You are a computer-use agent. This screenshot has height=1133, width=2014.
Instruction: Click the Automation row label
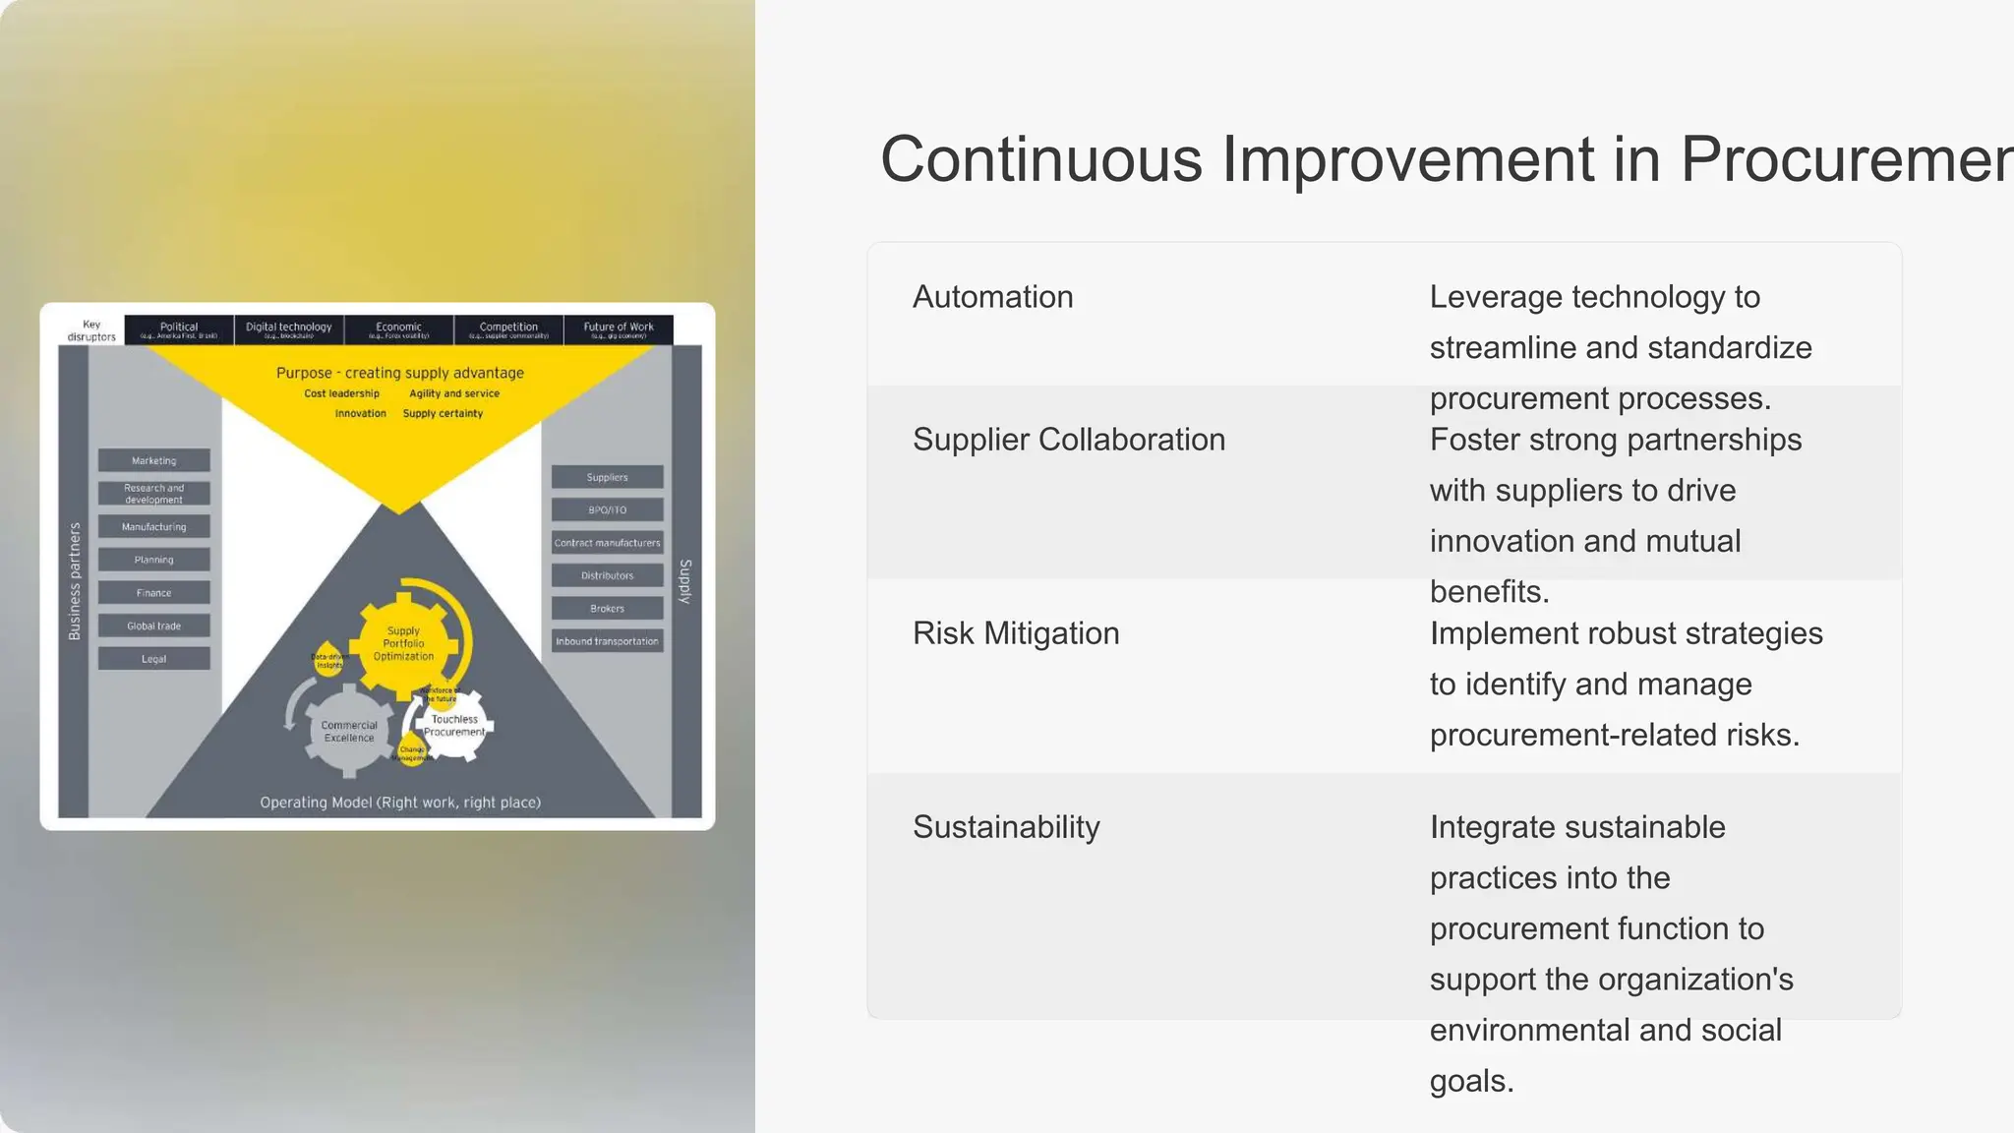[992, 297]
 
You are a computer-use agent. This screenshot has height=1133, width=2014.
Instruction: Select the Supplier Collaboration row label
[1068, 440]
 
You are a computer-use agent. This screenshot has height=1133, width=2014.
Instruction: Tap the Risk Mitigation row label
[1015, 633]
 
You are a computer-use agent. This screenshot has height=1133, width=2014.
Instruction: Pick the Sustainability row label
[1005, 827]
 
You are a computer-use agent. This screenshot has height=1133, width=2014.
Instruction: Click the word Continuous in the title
[1040, 159]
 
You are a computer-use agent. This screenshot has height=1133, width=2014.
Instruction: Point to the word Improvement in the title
[1408, 159]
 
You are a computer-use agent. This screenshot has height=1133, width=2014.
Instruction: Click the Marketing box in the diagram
[154, 460]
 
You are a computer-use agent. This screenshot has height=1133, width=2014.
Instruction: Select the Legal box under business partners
[154, 659]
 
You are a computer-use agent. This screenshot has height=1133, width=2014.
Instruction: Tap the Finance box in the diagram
[154, 593]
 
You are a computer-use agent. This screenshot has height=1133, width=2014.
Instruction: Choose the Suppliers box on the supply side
[607, 477]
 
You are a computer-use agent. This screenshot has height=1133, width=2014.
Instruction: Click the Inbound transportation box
[607, 641]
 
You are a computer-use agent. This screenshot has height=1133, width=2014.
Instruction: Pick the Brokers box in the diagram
[607, 609]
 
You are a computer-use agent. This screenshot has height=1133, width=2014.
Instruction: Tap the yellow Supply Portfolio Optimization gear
[403, 643]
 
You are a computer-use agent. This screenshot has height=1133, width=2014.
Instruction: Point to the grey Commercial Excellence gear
[349, 732]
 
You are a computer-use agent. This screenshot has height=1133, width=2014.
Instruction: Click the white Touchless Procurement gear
[455, 726]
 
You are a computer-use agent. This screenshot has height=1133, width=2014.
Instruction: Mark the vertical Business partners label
[75, 580]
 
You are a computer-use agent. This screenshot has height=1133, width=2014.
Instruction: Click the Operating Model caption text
[400, 803]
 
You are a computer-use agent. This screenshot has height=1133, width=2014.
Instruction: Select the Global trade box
[154, 626]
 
